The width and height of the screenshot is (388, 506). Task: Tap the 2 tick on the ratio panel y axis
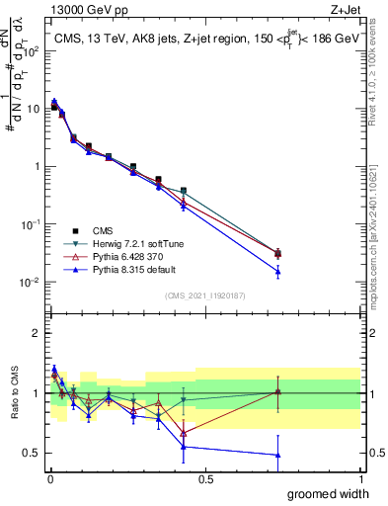click(x=39, y=333)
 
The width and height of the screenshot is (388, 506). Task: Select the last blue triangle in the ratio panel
click(x=277, y=455)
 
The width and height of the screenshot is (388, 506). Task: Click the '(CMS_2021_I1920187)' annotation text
click(x=204, y=295)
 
